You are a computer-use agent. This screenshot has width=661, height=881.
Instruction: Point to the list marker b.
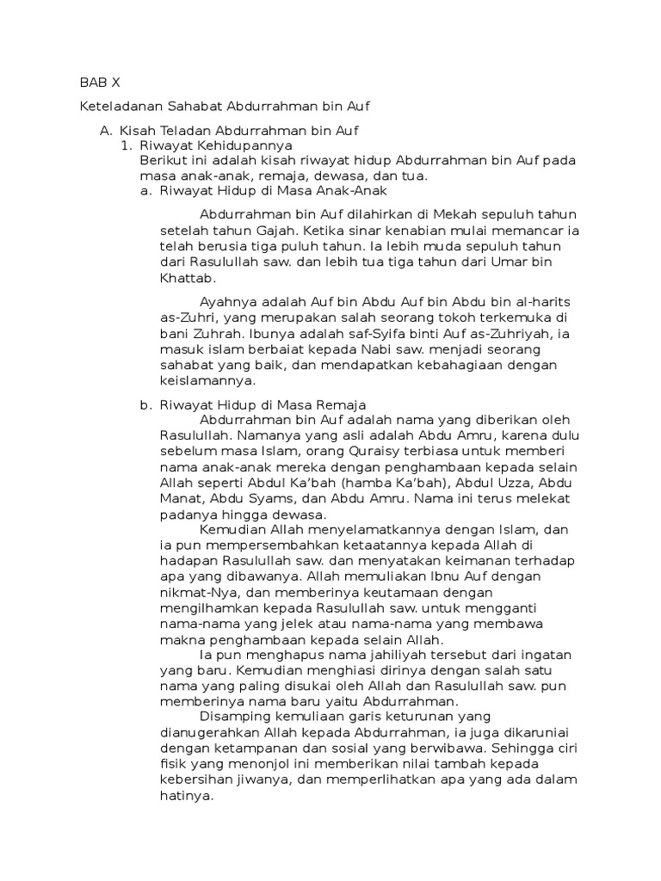coord(145,404)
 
